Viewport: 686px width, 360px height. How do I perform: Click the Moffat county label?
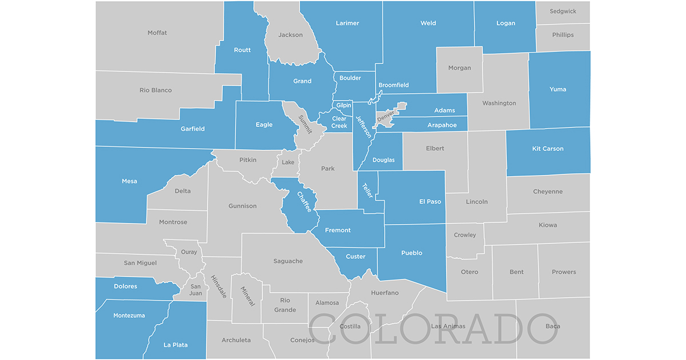157,33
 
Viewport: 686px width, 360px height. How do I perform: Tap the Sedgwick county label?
563,11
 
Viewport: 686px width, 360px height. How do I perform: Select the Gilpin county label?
344,106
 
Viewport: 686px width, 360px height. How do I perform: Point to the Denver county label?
385,117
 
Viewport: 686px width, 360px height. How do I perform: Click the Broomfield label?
394,85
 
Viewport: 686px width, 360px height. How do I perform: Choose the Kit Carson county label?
548,149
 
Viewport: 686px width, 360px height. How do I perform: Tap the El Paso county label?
430,201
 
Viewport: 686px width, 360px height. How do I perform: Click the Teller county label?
368,190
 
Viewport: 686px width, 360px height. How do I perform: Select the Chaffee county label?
304,202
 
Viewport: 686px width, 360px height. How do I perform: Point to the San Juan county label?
196,290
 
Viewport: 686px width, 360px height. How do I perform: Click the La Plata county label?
176,345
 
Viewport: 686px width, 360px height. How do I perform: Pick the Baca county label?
553,326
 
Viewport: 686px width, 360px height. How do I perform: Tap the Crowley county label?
465,235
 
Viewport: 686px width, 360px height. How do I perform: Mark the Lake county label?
288,162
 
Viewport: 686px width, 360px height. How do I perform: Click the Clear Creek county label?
340,122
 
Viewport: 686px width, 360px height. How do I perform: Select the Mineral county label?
246,296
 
